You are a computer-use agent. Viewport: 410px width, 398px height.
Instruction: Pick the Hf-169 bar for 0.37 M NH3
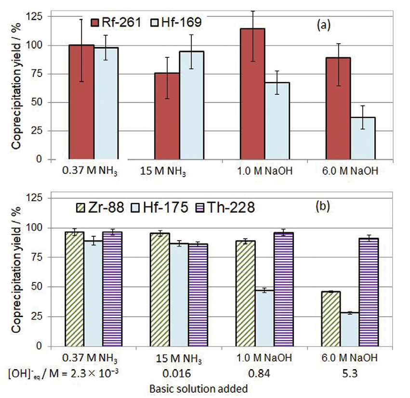pos(106,103)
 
